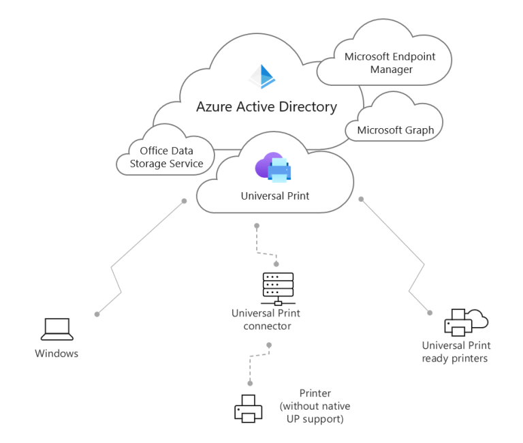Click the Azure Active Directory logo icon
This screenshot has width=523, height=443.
(x=261, y=77)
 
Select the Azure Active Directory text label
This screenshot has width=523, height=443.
(x=266, y=107)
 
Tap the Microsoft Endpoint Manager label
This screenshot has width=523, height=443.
(x=390, y=63)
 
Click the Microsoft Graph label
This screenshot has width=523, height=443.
(x=395, y=130)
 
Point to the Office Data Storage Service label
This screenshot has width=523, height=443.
(x=167, y=157)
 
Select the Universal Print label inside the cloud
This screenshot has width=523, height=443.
(x=275, y=196)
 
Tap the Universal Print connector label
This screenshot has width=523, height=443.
(x=266, y=320)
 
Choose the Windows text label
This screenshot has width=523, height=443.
(x=57, y=353)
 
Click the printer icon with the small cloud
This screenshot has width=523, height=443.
(x=465, y=322)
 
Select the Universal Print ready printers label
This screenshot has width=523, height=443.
(x=456, y=352)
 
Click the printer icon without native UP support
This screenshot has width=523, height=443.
(x=248, y=408)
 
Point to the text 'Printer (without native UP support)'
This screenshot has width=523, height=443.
(x=315, y=406)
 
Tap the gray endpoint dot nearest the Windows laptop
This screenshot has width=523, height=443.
(x=97, y=314)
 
